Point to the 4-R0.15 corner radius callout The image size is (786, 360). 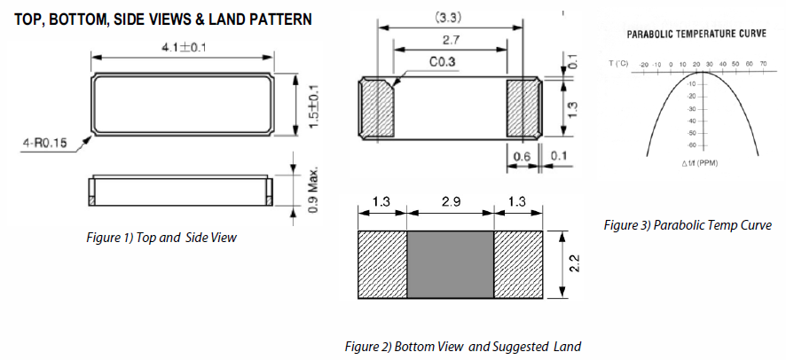tap(45, 142)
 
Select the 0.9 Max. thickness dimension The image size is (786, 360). tap(313, 189)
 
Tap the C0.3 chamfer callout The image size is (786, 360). tap(443, 63)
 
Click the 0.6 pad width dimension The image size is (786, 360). tap(522, 156)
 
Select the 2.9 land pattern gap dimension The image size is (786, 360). tap(449, 202)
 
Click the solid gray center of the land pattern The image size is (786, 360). tap(450, 265)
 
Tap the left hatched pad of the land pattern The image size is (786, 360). tap(382, 265)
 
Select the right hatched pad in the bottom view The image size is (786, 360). tap(523, 109)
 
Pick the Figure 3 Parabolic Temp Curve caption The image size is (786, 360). tap(687, 225)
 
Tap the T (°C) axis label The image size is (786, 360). tap(619, 65)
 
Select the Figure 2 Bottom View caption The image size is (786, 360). tap(461, 346)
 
